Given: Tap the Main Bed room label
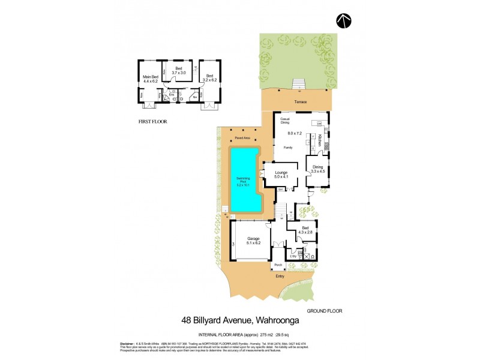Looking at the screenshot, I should pyautogui.click(x=150, y=77).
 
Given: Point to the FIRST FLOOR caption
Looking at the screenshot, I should pyautogui.click(x=153, y=121).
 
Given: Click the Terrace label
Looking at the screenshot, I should pyautogui.click(x=300, y=102).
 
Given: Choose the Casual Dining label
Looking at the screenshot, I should pyautogui.click(x=286, y=121).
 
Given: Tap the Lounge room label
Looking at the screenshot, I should pyautogui.click(x=281, y=172).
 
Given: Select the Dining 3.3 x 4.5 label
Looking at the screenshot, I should pyautogui.click(x=317, y=169).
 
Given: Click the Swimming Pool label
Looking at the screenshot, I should pyautogui.click(x=244, y=181).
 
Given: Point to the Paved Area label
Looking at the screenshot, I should pyautogui.click(x=242, y=138).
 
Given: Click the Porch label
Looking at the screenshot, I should pyautogui.click(x=278, y=265).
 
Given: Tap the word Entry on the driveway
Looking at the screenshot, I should pyautogui.click(x=280, y=276).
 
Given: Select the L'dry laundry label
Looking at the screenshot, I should pyautogui.click(x=293, y=256).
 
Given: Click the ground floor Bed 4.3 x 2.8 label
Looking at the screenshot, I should pyautogui.click(x=306, y=230).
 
